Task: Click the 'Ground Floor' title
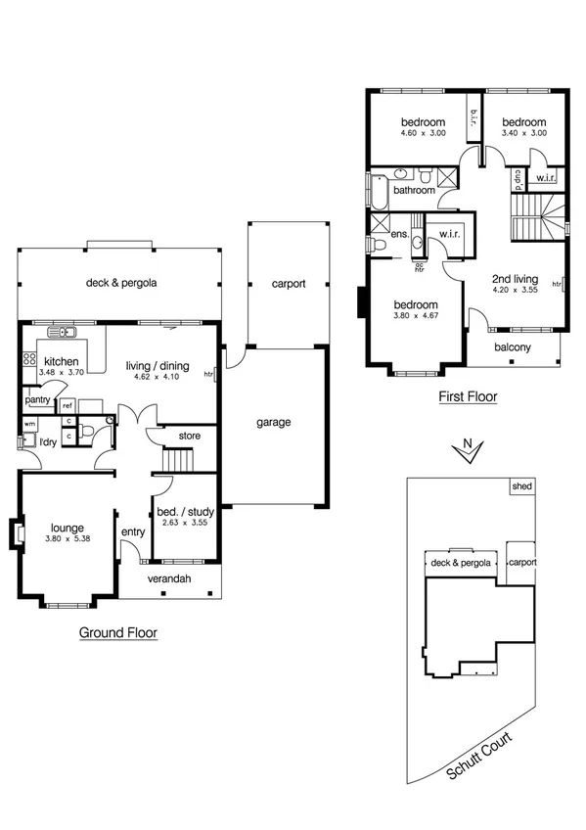tap(117, 632)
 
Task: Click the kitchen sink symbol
tap(62, 332)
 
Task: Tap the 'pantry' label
tap(38, 399)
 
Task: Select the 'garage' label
tap(274, 423)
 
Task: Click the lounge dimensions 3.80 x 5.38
tap(66, 538)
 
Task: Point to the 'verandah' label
tap(168, 578)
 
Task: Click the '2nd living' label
tap(515, 278)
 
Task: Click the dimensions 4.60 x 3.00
tap(423, 133)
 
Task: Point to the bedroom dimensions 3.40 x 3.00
tap(523, 133)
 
